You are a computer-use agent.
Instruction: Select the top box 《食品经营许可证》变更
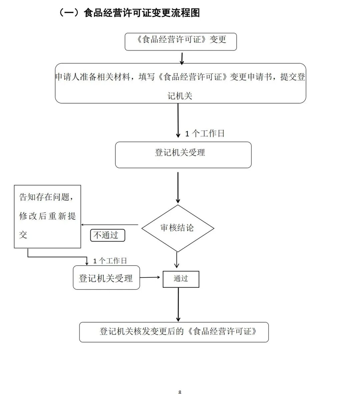(x=181, y=41)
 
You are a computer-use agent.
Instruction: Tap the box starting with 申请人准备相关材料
(x=180, y=83)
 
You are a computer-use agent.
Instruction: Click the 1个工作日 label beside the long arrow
(x=205, y=134)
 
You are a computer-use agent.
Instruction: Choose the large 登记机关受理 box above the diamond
(x=183, y=155)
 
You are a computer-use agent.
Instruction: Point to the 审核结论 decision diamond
(x=177, y=228)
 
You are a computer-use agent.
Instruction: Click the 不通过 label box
(x=107, y=235)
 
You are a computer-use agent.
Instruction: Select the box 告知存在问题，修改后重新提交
(x=47, y=216)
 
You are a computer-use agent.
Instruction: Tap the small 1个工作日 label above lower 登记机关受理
(x=110, y=261)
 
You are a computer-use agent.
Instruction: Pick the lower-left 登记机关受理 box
(x=106, y=278)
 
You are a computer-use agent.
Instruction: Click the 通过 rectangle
(x=181, y=279)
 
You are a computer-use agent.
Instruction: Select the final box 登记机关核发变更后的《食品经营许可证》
(x=174, y=332)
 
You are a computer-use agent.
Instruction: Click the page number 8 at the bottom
(x=180, y=392)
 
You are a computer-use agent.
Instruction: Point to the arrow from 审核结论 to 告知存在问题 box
(x=110, y=225)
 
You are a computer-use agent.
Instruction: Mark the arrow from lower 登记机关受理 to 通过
(x=151, y=277)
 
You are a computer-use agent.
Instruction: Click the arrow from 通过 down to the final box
(x=178, y=305)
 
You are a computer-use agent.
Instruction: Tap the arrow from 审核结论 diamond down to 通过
(x=177, y=260)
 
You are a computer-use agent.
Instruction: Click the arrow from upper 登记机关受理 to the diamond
(x=178, y=187)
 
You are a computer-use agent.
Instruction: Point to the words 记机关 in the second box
(x=180, y=96)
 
